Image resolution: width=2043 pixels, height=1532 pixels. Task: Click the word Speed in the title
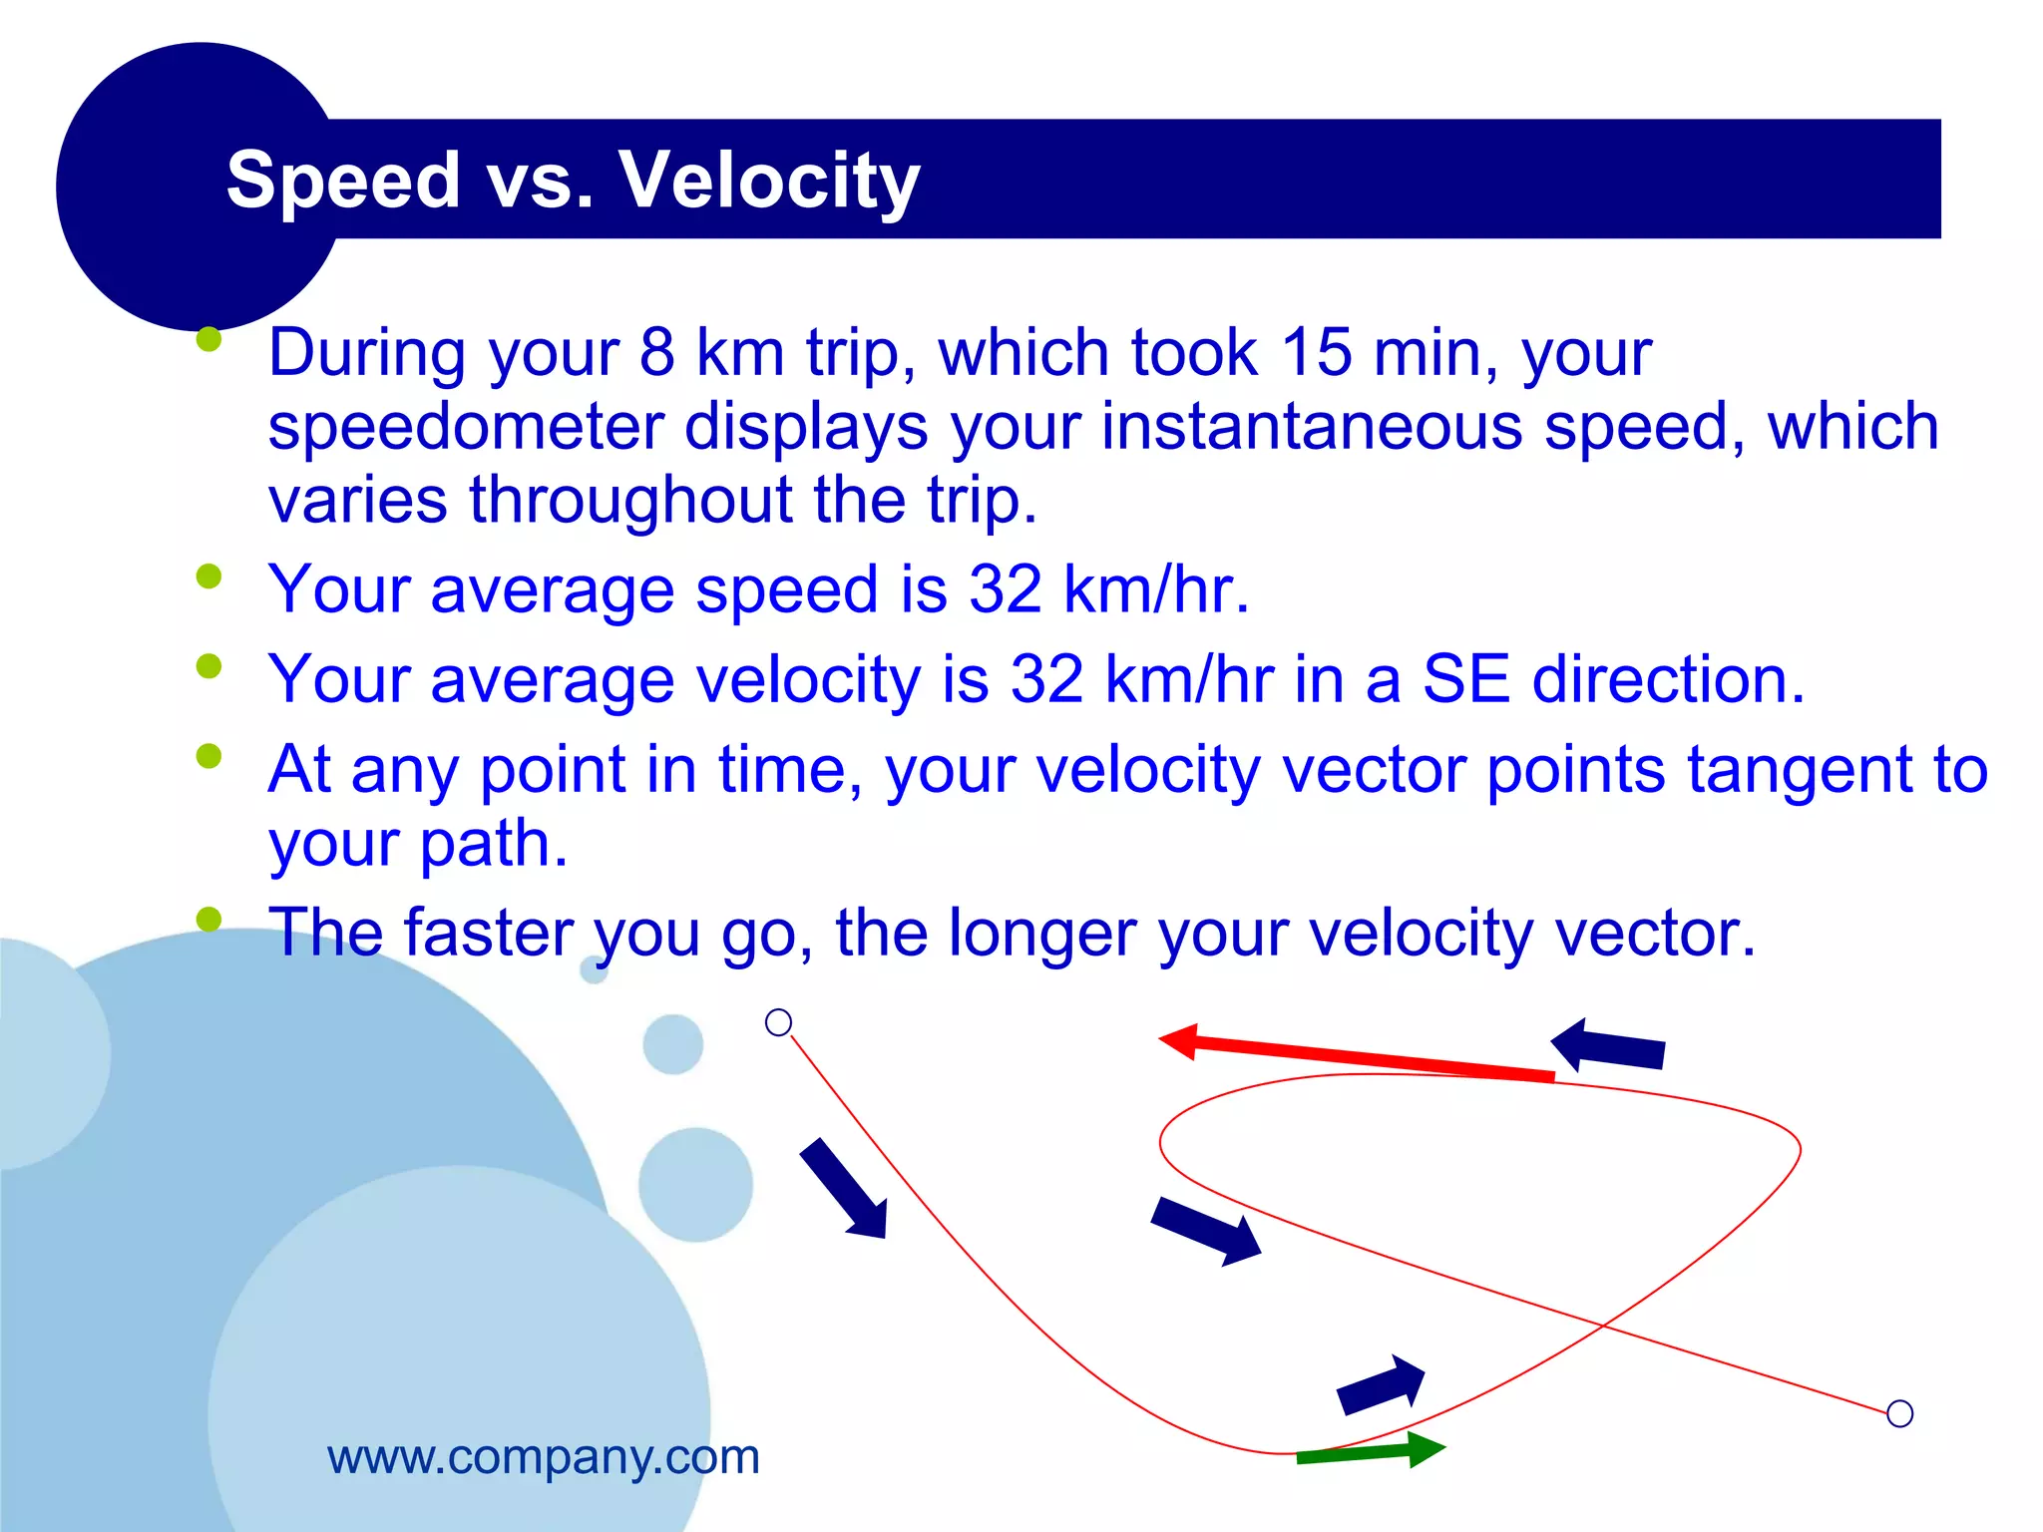(x=343, y=180)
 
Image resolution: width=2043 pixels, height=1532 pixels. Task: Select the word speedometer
(x=466, y=427)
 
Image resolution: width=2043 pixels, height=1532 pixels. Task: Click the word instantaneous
(x=1312, y=427)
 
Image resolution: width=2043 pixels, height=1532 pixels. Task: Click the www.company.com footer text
(x=544, y=1457)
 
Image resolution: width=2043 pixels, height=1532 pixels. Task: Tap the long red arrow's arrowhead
(x=1179, y=1040)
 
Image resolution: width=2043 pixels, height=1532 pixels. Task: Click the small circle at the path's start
(x=778, y=1022)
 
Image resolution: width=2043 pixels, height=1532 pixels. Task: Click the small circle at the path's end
(x=1899, y=1413)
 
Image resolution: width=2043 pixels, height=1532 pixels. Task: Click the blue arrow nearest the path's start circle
(x=844, y=1189)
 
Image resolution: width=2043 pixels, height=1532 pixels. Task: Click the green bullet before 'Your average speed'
(x=208, y=576)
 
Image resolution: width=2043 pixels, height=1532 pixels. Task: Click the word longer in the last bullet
(x=1041, y=933)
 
